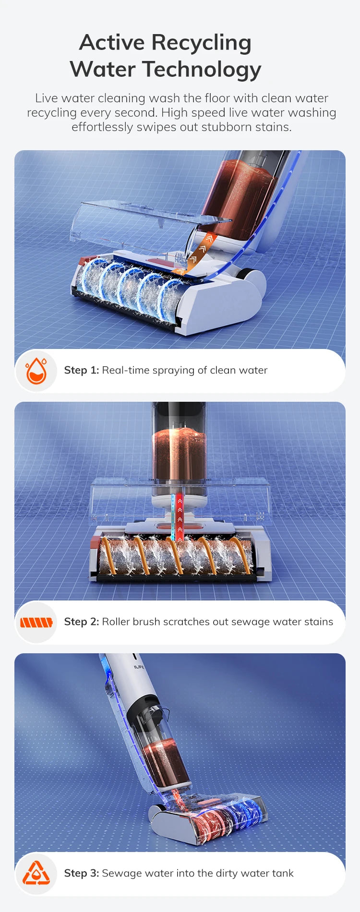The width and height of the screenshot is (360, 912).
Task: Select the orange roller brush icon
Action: click(x=36, y=623)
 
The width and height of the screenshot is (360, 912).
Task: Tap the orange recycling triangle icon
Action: click(x=36, y=874)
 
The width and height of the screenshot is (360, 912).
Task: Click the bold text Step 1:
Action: click(x=82, y=370)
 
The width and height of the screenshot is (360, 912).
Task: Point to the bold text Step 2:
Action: click(x=82, y=622)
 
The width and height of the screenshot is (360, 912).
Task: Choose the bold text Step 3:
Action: click(x=82, y=873)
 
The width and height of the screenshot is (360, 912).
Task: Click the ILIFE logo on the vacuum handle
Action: click(x=139, y=667)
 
